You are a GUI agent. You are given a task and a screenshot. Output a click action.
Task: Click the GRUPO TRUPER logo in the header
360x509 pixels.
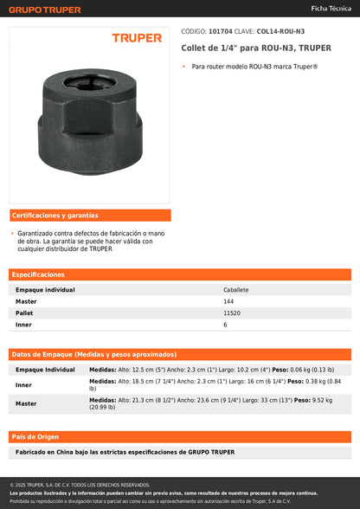point(45,10)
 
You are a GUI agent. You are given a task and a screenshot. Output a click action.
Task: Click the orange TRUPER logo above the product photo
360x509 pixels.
point(137,38)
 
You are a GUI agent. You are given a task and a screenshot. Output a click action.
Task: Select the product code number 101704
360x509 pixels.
point(220,30)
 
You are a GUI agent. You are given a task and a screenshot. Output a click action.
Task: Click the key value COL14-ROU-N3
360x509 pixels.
point(280,30)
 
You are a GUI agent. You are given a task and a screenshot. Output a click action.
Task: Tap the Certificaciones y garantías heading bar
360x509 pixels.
point(89,216)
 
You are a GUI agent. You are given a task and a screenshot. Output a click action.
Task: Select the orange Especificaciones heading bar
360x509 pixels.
point(180,274)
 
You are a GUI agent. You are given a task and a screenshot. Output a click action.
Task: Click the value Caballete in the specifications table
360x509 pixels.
point(235,290)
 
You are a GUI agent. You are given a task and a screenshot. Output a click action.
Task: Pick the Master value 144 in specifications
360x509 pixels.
point(228,301)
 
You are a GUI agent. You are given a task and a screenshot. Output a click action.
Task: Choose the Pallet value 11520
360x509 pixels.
point(232,312)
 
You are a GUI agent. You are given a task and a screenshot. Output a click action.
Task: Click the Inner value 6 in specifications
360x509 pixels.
point(225,325)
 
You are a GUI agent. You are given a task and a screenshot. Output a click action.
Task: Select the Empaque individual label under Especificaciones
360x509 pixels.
point(45,290)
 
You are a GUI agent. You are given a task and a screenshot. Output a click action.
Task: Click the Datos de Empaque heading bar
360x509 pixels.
point(180,354)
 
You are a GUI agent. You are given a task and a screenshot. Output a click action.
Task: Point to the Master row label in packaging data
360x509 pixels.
point(26,403)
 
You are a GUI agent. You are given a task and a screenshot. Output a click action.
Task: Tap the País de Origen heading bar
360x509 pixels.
point(180,436)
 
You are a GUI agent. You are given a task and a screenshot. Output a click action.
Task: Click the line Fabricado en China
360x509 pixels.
point(125,452)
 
